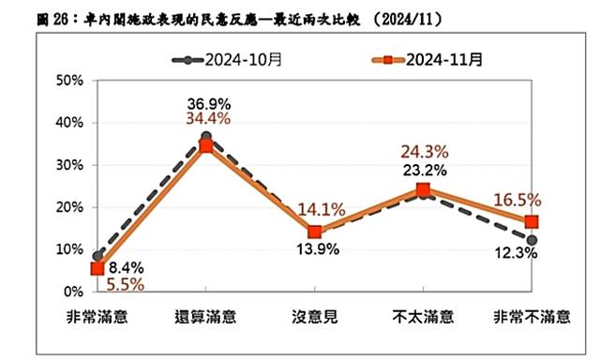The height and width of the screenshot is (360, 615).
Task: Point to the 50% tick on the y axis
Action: coord(73,81)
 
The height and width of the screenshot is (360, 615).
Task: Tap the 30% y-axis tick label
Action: coord(73,165)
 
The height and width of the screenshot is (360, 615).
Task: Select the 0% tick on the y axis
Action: coord(76,292)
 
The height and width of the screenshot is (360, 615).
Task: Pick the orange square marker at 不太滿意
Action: coord(423,190)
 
